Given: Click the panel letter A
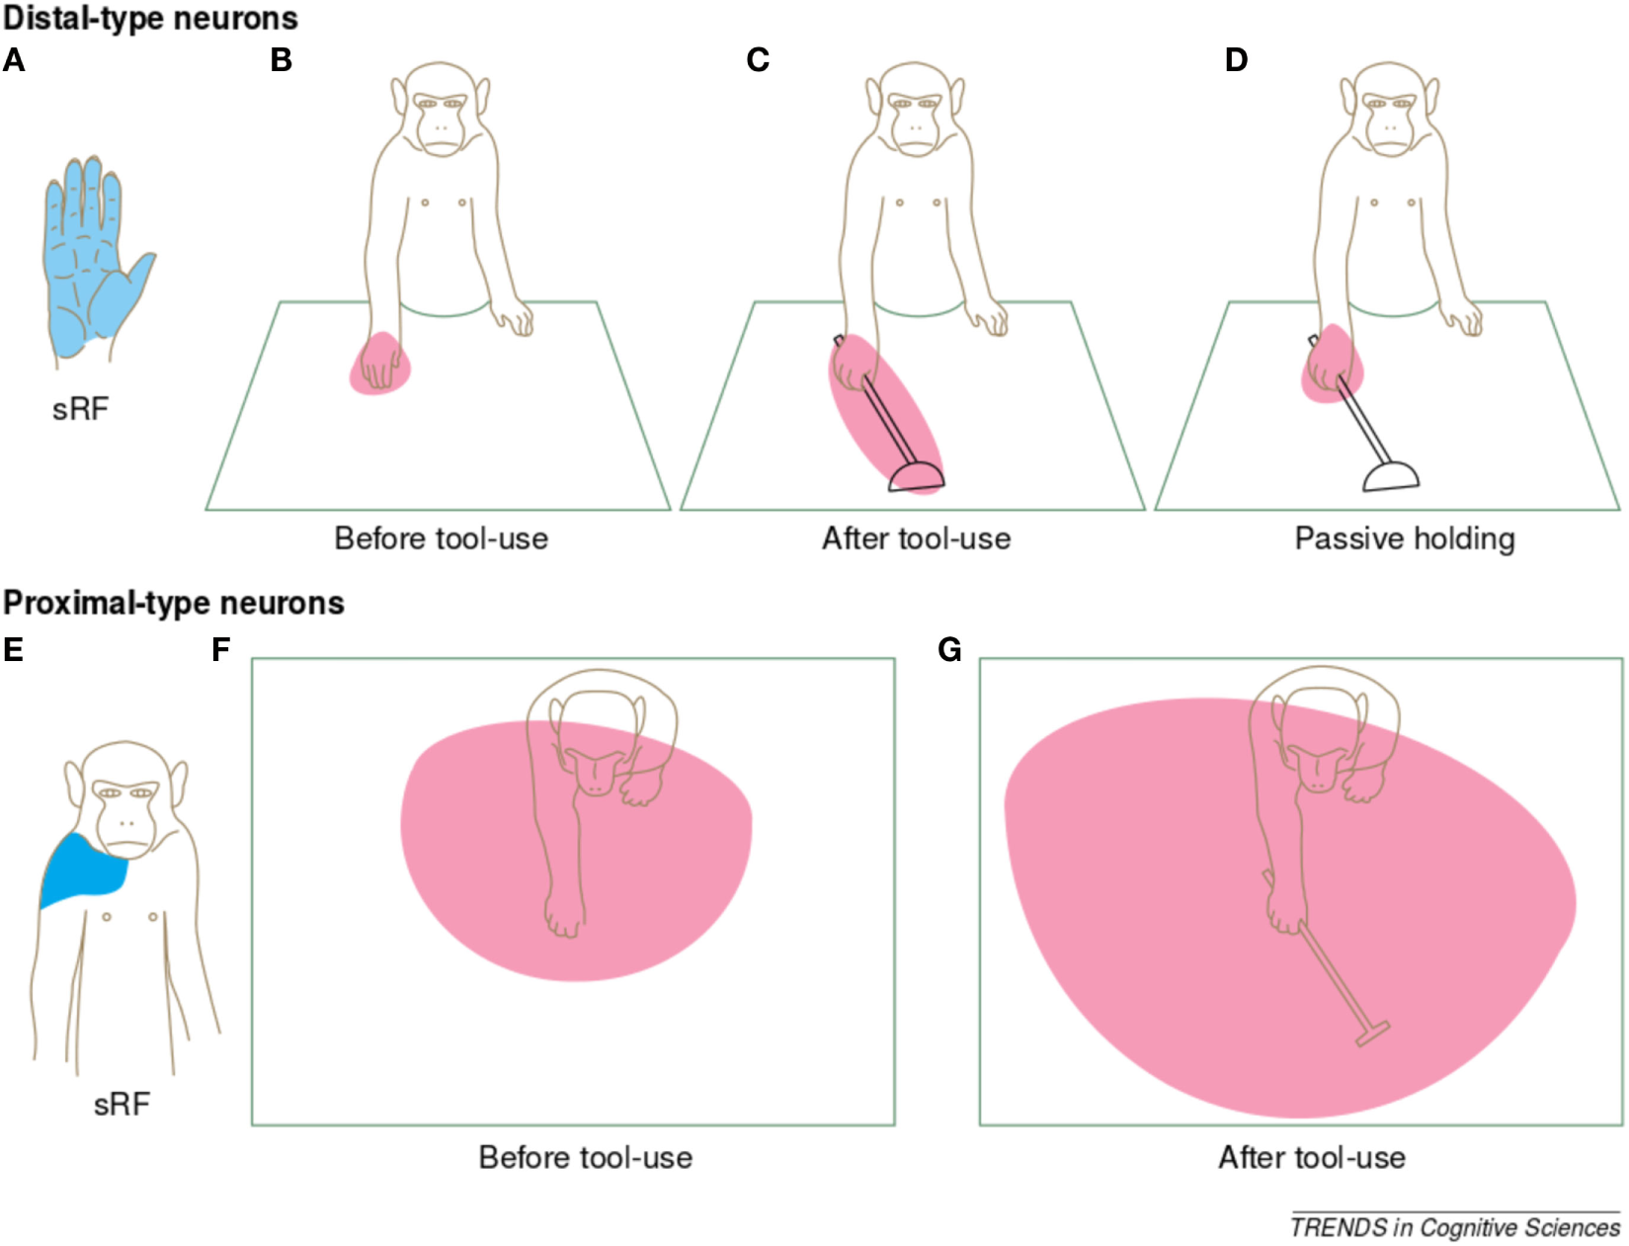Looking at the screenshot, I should tap(14, 60).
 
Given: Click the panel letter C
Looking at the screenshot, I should tap(758, 60).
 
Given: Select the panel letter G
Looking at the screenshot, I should tap(949, 650).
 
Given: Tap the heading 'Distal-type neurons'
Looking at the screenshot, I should tap(150, 18).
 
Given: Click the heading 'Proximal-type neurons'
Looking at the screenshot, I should tap(174, 603).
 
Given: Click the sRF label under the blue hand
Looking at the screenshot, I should tap(80, 409).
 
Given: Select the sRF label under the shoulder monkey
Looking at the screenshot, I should tap(122, 1104).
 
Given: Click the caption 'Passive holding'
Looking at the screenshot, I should tap(1404, 539).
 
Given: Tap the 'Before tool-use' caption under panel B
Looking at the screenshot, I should tap(441, 539).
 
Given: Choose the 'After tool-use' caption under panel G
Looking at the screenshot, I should tap(1311, 1157).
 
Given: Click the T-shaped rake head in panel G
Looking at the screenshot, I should tap(1372, 1035).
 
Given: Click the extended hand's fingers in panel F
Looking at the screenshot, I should tap(564, 918).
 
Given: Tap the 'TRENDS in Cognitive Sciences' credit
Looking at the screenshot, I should tap(1454, 1227).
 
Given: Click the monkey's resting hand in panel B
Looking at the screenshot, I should tap(514, 319).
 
